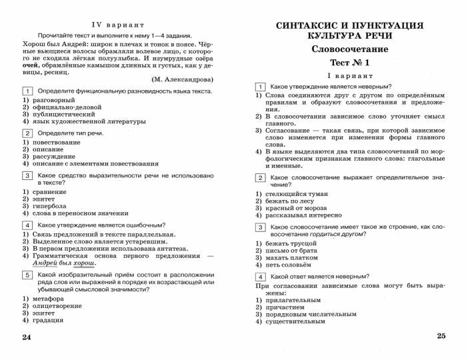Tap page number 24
[27, 337]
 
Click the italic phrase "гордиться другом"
[338, 235]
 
